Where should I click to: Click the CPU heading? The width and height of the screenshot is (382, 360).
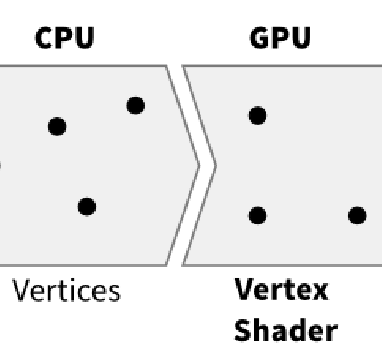[64, 39]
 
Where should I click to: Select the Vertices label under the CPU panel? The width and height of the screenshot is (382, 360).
[65, 292]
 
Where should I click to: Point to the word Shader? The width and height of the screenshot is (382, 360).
[286, 331]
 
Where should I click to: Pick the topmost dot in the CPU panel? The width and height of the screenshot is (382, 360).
[136, 105]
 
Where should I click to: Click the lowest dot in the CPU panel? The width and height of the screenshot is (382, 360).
[87, 206]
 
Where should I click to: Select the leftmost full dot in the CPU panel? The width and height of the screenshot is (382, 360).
[58, 126]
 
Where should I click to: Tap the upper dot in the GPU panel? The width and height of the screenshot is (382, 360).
[258, 115]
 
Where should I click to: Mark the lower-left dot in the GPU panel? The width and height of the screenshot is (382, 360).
[258, 215]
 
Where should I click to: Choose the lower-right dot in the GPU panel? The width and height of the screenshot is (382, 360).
[358, 215]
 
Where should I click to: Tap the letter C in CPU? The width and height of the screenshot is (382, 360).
[43, 39]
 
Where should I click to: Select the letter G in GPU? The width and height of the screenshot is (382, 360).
[259, 39]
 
